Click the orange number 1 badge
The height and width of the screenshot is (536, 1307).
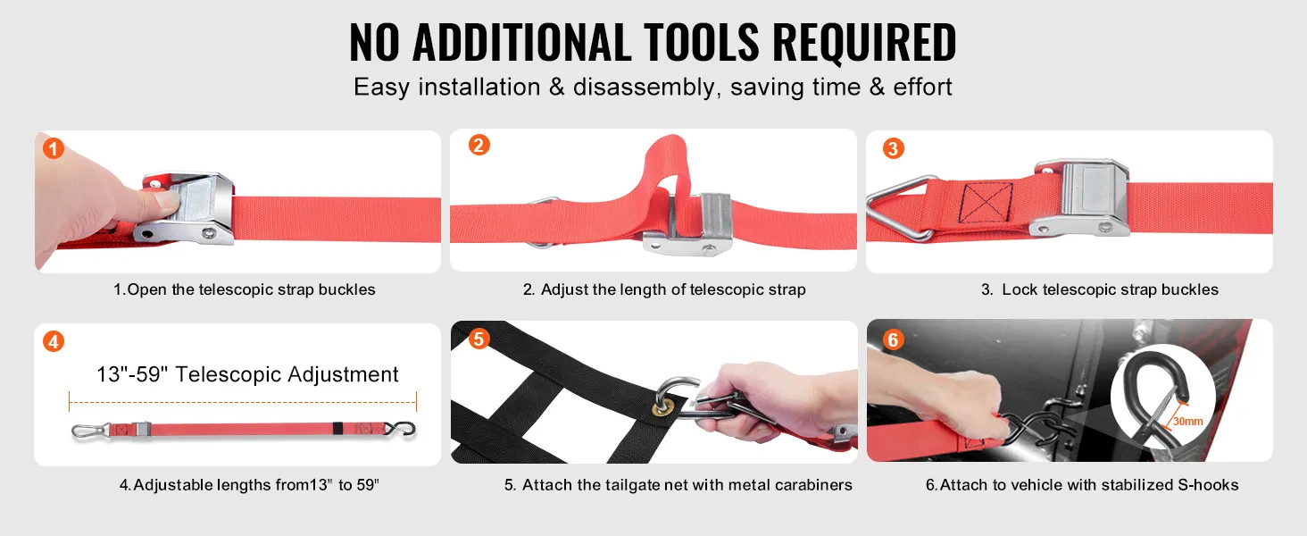tap(53, 148)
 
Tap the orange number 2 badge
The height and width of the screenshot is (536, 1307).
tap(479, 145)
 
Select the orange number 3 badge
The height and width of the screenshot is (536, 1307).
tap(893, 148)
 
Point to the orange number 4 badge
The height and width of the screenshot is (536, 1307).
tap(53, 341)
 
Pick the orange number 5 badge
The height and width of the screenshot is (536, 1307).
tap(479, 338)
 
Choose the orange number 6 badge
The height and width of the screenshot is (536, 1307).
tap(893, 339)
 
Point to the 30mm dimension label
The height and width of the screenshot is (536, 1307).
tap(1188, 421)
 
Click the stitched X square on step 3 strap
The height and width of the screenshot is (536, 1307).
tap(986, 203)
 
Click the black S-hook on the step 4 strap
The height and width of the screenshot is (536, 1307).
tap(404, 429)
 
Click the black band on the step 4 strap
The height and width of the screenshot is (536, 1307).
tap(337, 429)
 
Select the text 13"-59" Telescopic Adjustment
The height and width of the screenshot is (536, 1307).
tap(247, 374)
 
